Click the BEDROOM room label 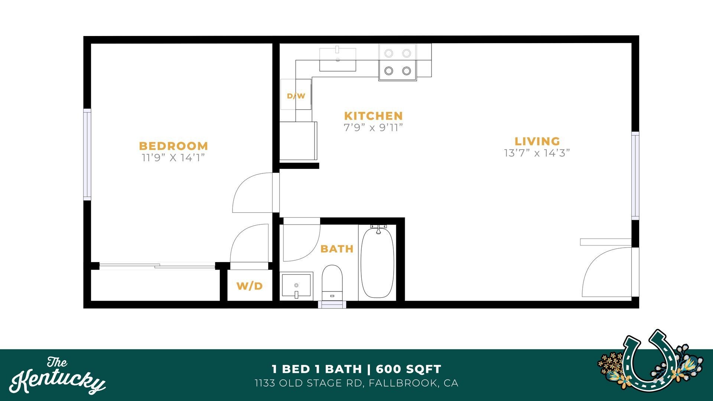pyautogui.click(x=173, y=146)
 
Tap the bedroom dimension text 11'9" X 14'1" pyautogui.click(x=173, y=158)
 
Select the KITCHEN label pyautogui.click(x=373, y=115)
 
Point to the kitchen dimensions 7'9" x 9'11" pyautogui.click(x=373, y=128)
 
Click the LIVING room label pyautogui.click(x=537, y=141)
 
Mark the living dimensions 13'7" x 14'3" pyautogui.click(x=537, y=153)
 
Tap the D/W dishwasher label pyautogui.click(x=296, y=96)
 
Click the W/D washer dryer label pyautogui.click(x=250, y=286)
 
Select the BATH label pyautogui.click(x=337, y=249)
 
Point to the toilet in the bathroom pyautogui.click(x=332, y=282)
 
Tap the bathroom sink pyautogui.click(x=296, y=285)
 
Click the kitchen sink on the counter pyautogui.click(x=338, y=59)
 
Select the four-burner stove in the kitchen pyautogui.click(x=397, y=62)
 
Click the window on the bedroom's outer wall pyautogui.click(x=87, y=154)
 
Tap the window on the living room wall pyautogui.click(x=635, y=176)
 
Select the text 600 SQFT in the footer pyautogui.click(x=408, y=369)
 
